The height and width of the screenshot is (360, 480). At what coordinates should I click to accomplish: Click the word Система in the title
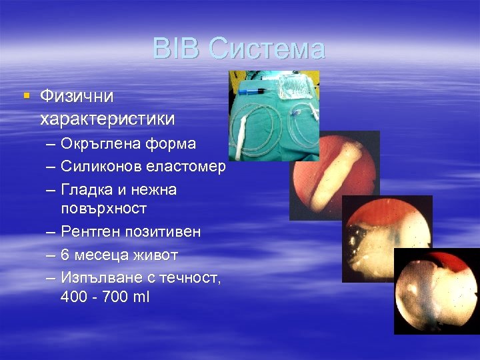(x=266, y=49)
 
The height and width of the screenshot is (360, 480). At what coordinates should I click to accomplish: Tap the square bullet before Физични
(x=27, y=95)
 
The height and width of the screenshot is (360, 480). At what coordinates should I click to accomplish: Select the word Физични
(x=77, y=97)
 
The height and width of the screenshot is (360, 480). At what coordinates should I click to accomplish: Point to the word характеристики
(x=107, y=119)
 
